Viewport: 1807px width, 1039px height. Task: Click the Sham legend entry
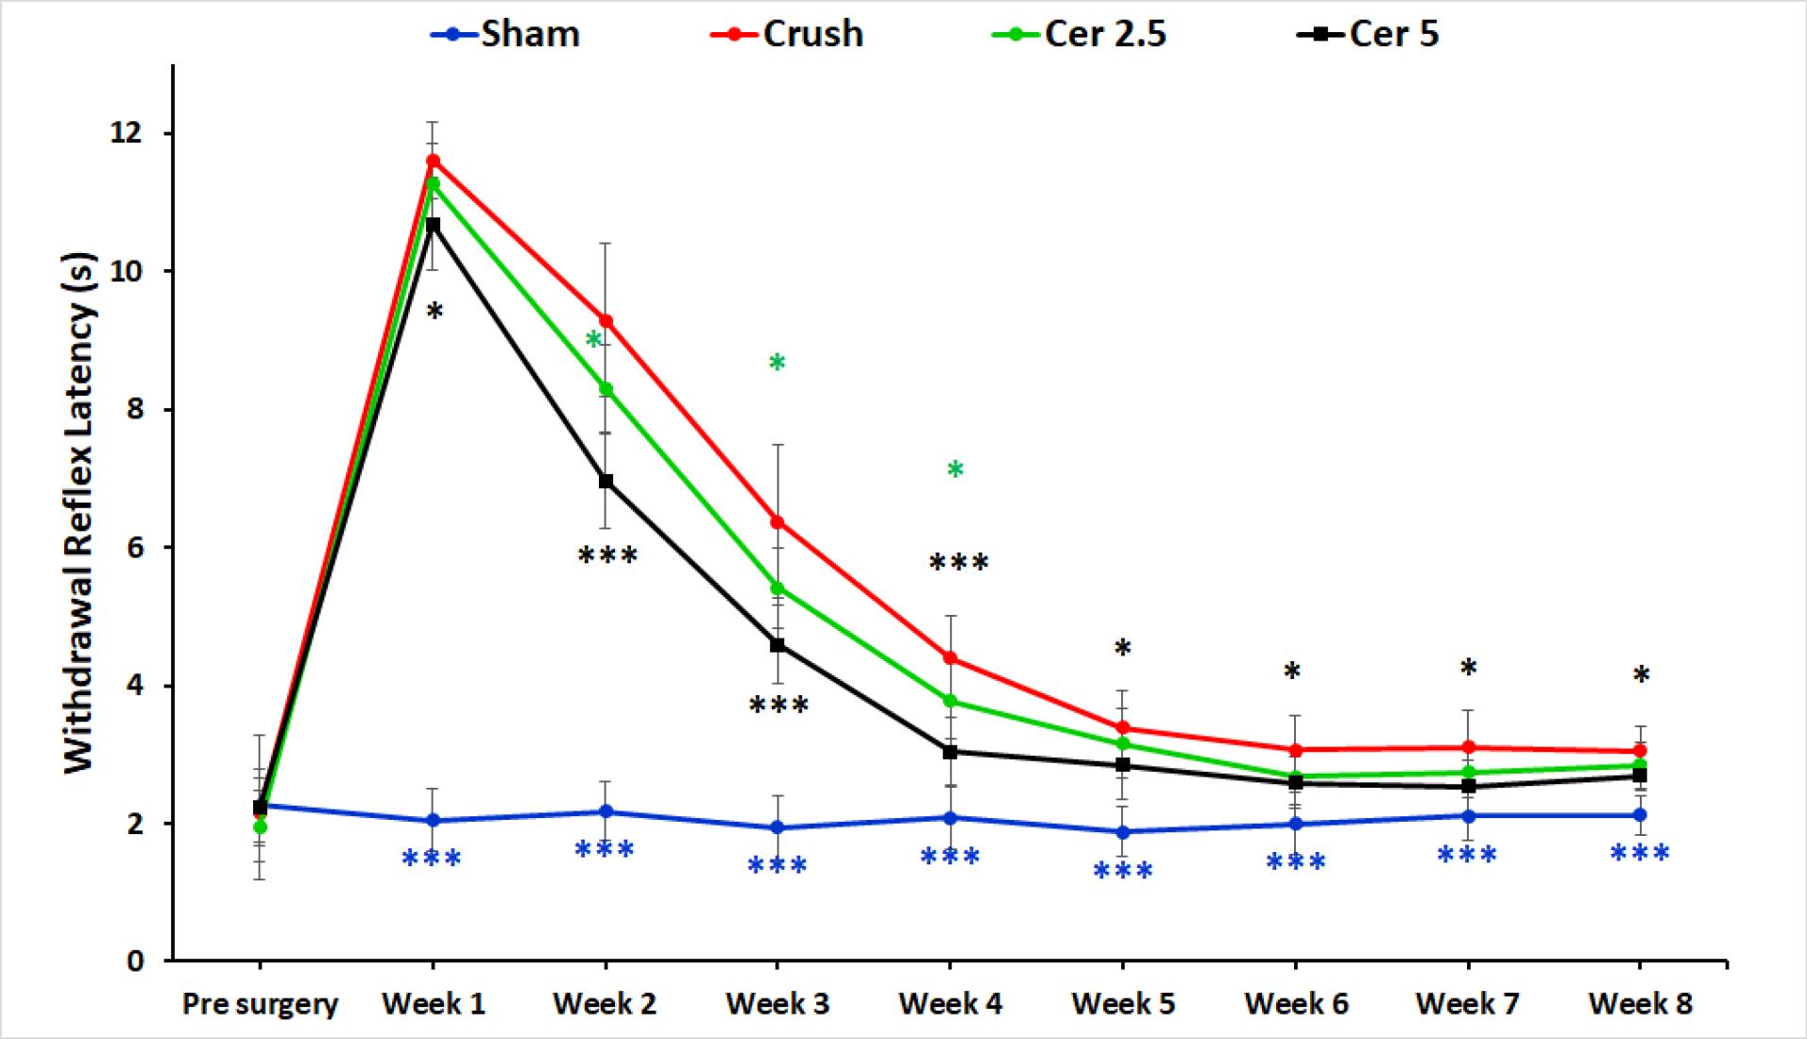[x=504, y=34]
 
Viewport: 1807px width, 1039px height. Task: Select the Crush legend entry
[x=786, y=34]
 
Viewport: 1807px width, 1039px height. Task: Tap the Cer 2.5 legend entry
[x=1079, y=34]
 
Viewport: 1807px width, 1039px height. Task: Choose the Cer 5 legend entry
[x=1370, y=34]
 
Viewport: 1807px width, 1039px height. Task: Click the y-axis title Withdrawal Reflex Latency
[x=81, y=512]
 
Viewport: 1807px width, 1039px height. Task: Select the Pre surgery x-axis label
[x=260, y=1004]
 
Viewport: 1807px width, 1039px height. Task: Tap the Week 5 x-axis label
[x=1123, y=1003]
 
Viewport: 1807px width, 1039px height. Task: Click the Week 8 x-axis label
[x=1641, y=1003]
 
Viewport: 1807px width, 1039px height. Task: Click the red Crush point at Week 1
[x=433, y=160]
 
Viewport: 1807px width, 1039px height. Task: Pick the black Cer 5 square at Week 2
[x=605, y=481]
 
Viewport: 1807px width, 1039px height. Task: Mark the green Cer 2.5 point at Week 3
[x=777, y=588]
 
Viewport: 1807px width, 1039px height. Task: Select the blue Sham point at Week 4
[x=950, y=817]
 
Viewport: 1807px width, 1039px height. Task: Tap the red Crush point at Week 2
[x=605, y=321]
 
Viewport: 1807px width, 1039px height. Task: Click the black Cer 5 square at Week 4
[x=950, y=752]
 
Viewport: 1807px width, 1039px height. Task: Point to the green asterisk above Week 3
[x=777, y=363]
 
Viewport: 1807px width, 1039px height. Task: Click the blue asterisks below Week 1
[x=432, y=859]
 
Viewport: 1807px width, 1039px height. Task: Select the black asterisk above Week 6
[x=1292, y=672]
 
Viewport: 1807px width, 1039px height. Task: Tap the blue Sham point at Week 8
[x=1641, y=814]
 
